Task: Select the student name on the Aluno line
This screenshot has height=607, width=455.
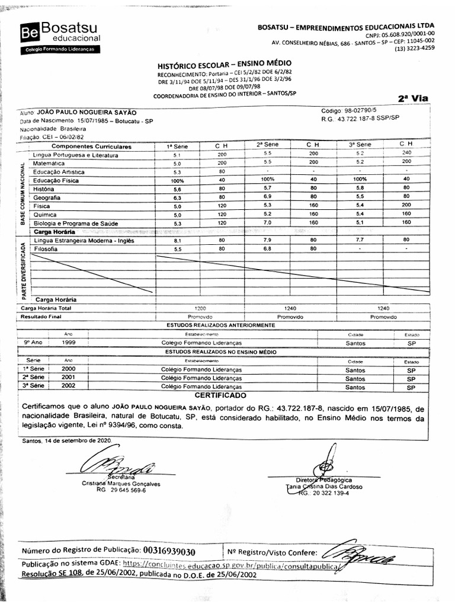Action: point(86,112)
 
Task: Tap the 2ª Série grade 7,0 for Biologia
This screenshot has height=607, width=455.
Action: point(267,222)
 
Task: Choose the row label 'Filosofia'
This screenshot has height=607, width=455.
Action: point(47,250)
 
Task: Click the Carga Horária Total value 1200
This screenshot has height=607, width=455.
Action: point(200,308)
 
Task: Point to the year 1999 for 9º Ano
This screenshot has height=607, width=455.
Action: point(69,343)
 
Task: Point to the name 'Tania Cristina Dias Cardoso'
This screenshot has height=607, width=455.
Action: point(324,487)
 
